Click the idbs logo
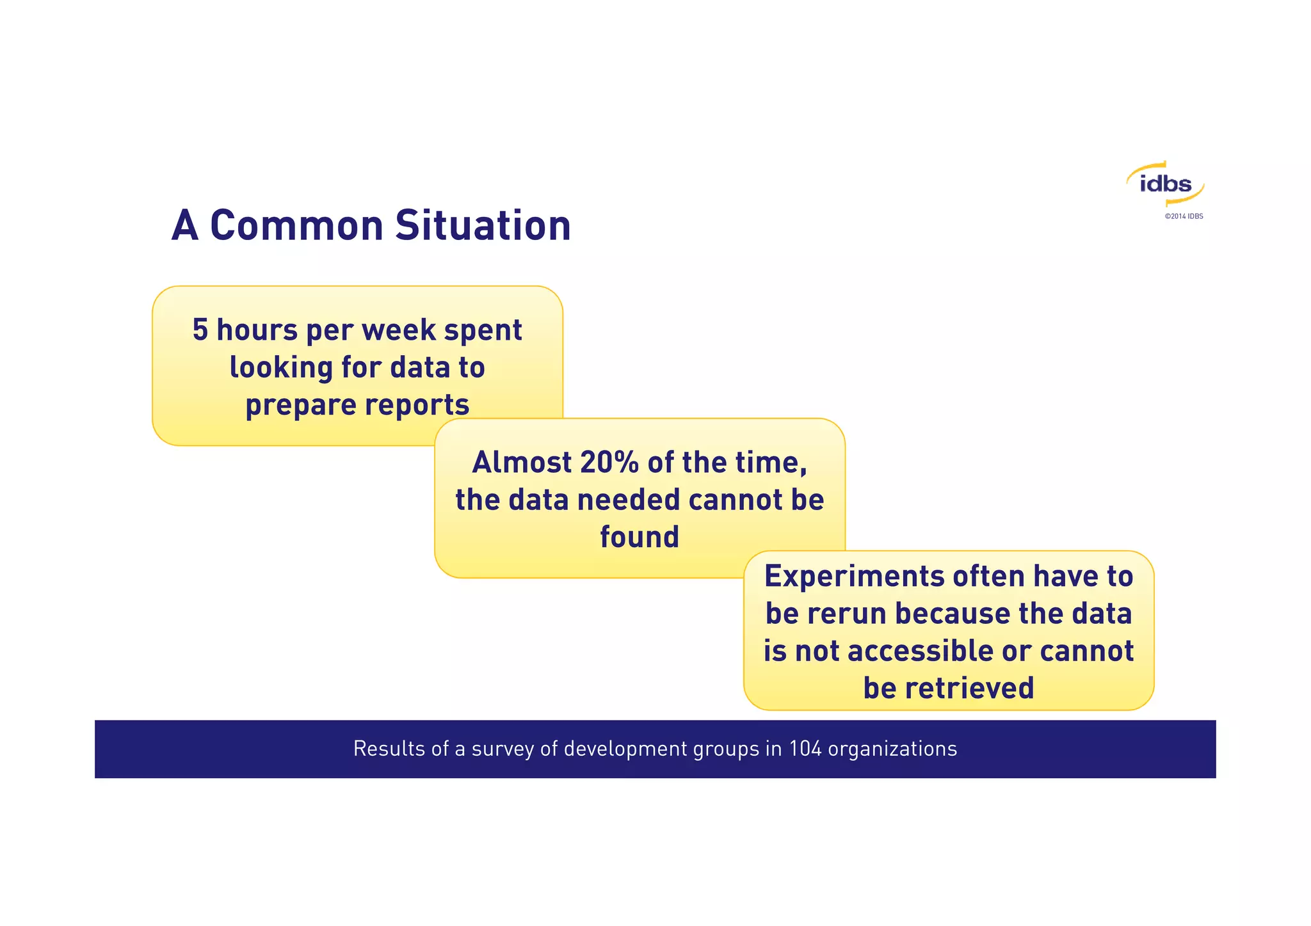point(1165,184)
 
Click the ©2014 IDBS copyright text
point(1184,216)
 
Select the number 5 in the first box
point(200,330)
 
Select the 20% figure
point(609,462)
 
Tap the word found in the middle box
point(639,536)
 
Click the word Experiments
point(854,576)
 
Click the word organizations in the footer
point(892,749)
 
